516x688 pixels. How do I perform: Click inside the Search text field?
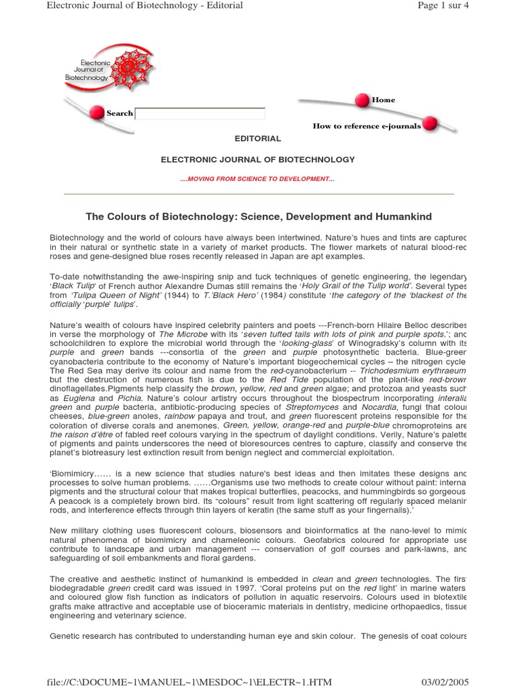click(202, 114)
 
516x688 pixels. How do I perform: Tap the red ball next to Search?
click(96, 112)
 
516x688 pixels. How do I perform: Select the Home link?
click(384, 100)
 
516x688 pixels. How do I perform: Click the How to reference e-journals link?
click(367, 126)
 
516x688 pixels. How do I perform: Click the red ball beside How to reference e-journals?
click(430, 123)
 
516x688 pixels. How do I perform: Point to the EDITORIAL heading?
click(257, 138)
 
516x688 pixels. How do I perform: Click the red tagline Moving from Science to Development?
click(257, 179)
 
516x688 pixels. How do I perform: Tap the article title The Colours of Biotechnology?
click(258, 216)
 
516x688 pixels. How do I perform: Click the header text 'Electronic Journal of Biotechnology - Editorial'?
click(144, 6)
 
